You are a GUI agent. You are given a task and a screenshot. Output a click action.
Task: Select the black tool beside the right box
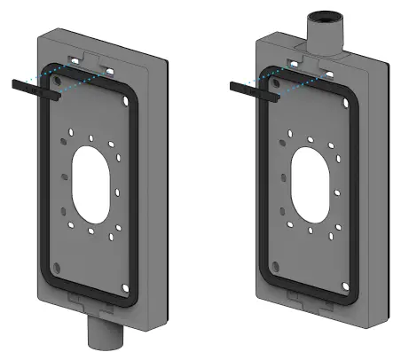[x=245, y=86]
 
